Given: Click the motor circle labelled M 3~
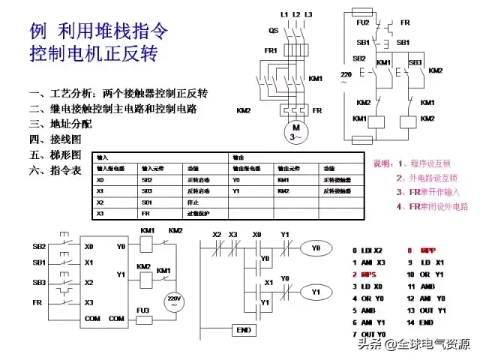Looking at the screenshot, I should coord(296,133).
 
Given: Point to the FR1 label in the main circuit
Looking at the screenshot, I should coord(271,51).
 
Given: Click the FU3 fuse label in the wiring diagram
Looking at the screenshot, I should coord(142,309).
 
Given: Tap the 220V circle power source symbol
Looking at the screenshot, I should coord(173,301).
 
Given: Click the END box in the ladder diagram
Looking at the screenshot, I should coord(242,330).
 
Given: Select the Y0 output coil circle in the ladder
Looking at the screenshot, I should coord(316,247).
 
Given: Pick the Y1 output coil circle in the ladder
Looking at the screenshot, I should coord(316,291).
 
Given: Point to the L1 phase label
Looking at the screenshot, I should coord(284,14).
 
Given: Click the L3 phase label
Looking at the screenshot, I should coord(308,14).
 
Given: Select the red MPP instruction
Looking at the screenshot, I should coord(427,250).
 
